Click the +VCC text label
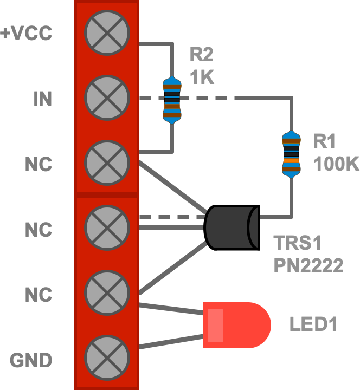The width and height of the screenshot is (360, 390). [26, 33]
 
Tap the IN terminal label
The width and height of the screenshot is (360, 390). [43, 99]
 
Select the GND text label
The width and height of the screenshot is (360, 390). [31, 360]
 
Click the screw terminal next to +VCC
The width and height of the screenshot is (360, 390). [107, 32]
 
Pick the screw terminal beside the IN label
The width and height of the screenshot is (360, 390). [107, 97]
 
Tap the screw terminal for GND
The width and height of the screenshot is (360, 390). [107, 357]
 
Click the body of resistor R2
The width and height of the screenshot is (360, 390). [172, 100]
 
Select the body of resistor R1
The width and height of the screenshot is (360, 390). [291, 154]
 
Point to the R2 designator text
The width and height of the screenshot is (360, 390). [201, 55]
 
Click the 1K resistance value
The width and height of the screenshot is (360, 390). [202, 77]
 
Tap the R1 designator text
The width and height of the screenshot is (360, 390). [324, 141]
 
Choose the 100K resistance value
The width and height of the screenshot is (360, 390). [336, 164]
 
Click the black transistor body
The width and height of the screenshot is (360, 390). [232, 227]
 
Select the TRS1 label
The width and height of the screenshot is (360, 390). [298, 243]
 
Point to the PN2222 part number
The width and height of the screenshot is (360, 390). [308, 265]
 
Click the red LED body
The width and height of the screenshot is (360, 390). [237, 325]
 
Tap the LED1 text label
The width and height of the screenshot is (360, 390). [313, 324]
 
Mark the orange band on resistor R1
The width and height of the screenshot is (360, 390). [291, 160]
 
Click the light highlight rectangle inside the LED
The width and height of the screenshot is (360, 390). [215, 325]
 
